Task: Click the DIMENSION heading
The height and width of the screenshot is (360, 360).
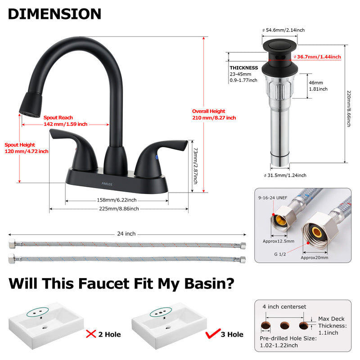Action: (54, 14)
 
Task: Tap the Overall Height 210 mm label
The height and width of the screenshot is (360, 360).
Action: (214, 114)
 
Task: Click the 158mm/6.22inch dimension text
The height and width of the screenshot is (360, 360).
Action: (117, 200)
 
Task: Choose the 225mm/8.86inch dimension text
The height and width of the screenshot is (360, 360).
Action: (119, 209)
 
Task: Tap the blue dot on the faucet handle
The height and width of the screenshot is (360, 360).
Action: (157, 157)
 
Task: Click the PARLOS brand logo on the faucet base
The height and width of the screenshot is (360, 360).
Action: (107, 184)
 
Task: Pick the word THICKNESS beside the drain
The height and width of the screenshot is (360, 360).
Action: (244, 68)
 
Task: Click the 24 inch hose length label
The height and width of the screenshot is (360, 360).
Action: (126, 234)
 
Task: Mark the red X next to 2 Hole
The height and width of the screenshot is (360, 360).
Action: (91, 334)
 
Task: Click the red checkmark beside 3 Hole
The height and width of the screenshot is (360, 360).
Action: (213, 333)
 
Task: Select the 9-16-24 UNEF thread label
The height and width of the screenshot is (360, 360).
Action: (273, 198)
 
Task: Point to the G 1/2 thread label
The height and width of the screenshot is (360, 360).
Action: (280, 254)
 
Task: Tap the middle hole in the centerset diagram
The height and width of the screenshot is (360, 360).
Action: (285, 325)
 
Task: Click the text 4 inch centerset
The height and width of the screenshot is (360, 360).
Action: (284, 307)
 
